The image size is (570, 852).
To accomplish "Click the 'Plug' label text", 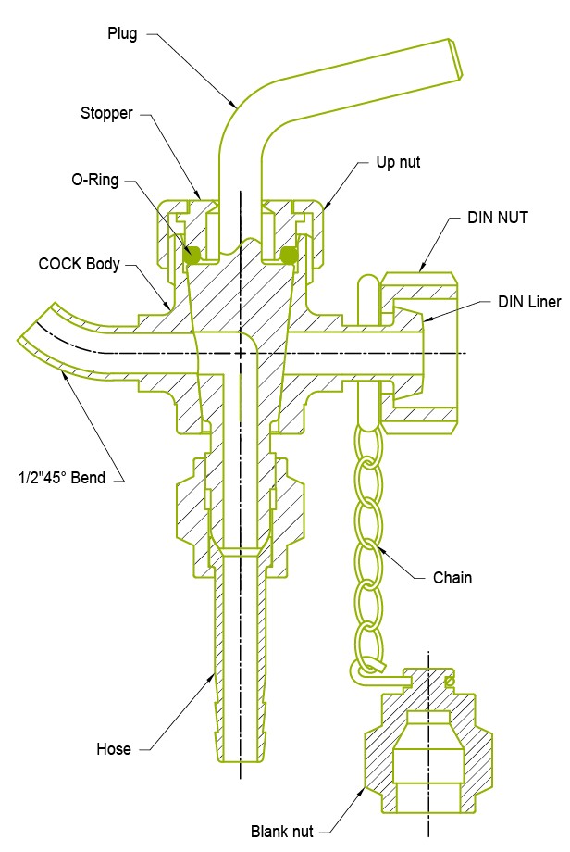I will [121, 34].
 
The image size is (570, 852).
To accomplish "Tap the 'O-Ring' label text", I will [94, 180].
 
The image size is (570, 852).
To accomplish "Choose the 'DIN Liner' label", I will [529, 302].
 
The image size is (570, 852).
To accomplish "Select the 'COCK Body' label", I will [80, 263].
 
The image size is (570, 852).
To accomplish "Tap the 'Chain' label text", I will [452, 578].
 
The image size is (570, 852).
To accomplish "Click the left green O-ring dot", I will [193, 255].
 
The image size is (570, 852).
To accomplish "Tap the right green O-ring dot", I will [289, 255].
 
